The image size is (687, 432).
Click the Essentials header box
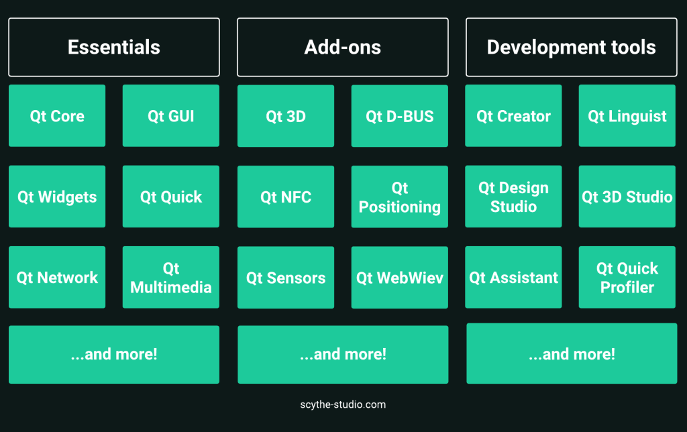[114, 48]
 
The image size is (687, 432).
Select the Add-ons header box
[343, 48]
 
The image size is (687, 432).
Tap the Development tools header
[572, 48]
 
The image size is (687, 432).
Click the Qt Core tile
[57, 115]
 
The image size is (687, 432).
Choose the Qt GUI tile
[171, 115]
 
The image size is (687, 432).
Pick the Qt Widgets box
[57, 197]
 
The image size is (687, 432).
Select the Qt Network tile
[57, 277]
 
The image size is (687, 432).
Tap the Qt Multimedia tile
[171, 277]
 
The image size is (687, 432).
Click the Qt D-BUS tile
[400, 116]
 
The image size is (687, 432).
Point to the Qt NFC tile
[286, 197]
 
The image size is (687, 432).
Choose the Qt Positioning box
[400, 197]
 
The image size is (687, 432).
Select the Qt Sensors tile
[286, 278]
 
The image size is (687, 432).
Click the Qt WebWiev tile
[400, 278]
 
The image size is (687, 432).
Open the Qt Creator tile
[513, 115]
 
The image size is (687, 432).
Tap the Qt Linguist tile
[627, 115]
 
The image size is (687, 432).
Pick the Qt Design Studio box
[513, 197]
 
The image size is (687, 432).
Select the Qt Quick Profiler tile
[627, 277]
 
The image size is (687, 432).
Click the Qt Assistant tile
[513, 277]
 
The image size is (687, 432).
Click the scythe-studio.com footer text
[343, 404]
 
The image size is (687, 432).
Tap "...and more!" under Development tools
[572, 354]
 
